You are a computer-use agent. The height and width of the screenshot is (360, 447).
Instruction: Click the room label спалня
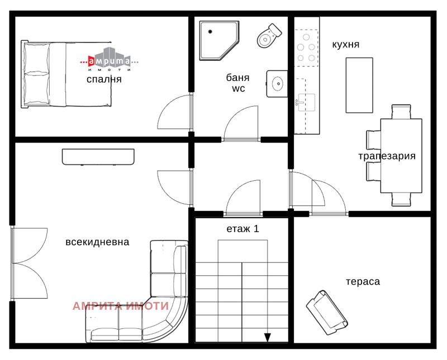[x=104, y=79]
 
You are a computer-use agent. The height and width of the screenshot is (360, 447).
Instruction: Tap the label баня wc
[x=237, y=83]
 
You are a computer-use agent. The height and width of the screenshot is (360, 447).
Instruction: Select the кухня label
[x=345, y=44]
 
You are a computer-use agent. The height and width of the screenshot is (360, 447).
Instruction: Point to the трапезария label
[x=387, y=156]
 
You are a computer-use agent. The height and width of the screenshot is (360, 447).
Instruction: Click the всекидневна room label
[x=97, y=242]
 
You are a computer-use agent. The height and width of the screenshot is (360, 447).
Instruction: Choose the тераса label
[x=363, y=281]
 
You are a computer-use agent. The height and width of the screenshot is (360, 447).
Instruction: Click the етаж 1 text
[x=242, y=228]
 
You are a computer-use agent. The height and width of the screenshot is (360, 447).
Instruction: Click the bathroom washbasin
[x=277, y=84]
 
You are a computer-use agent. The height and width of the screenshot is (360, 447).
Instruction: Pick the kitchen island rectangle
[x=359, y=85]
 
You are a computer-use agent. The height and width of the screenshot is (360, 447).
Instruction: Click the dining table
[x=401, y=155]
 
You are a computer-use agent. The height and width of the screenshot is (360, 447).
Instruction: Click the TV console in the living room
[x=98, y=156]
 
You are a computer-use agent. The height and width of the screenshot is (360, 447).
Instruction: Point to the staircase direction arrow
[x=268, y=337]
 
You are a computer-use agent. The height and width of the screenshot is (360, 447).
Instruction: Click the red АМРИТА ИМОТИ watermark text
[x=120, y=306]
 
